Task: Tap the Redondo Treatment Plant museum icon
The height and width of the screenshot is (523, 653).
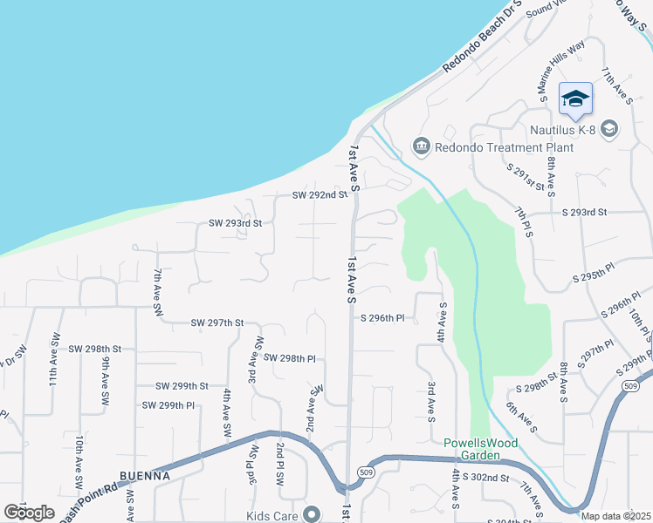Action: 423,146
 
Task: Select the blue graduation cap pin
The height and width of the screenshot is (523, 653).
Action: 575,98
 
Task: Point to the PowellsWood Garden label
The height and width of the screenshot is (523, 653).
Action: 480,449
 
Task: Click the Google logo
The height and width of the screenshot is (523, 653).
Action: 30,513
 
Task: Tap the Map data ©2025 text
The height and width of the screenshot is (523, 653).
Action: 615,516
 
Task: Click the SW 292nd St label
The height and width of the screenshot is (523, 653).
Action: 320,195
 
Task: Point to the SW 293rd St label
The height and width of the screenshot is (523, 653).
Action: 235,223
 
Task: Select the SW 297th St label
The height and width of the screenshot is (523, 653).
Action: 217,323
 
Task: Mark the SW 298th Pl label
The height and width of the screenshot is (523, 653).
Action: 289,358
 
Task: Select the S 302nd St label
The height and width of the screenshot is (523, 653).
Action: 485,478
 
